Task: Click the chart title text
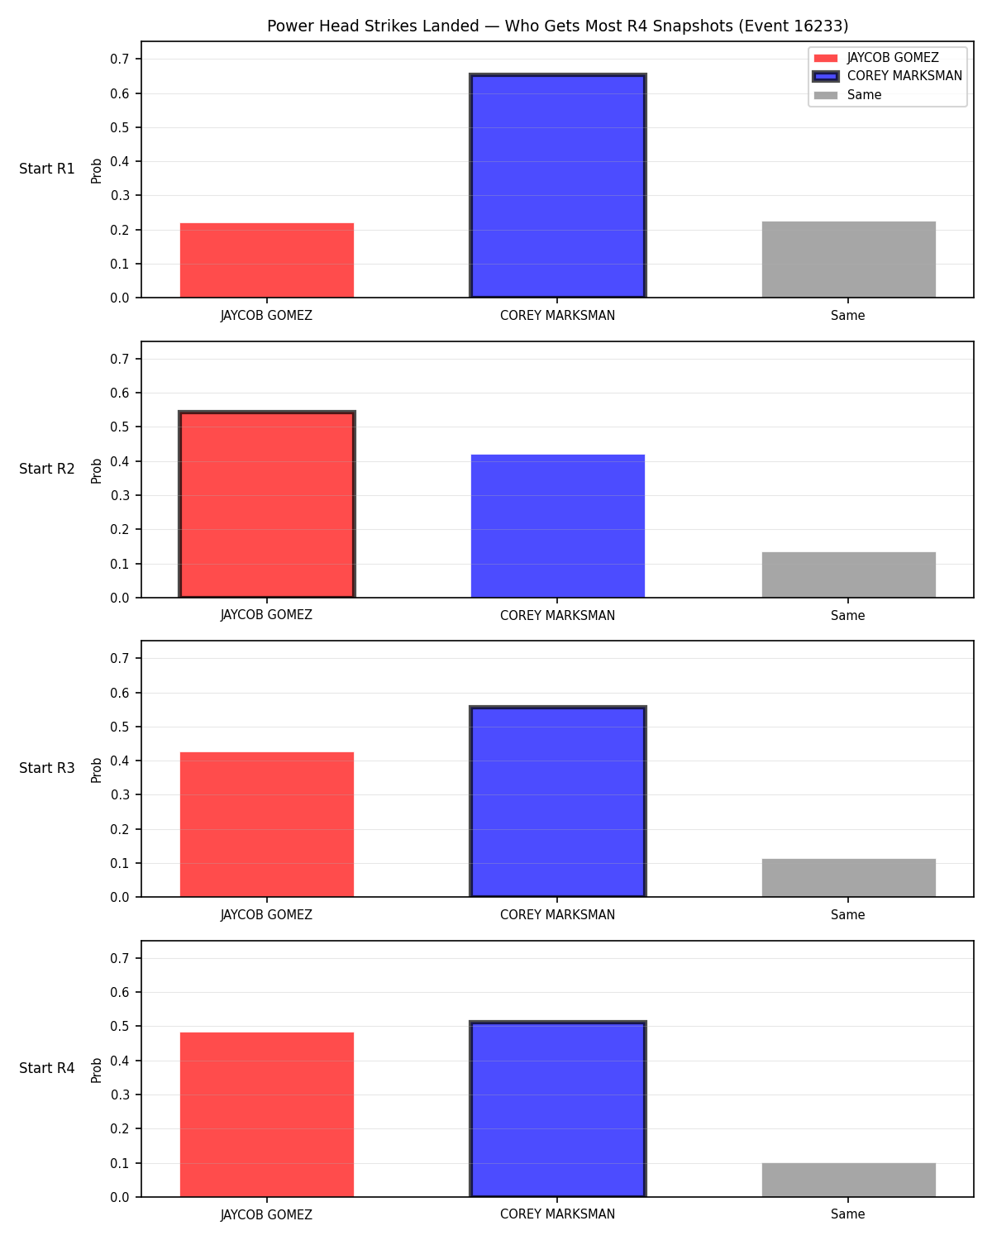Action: [x=557, y=26]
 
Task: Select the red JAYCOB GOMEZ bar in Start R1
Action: [x=267, y=260]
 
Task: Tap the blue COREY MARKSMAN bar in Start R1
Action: [x=557, y=185]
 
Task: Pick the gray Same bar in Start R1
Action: [x=848, y=260]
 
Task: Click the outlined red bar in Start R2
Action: [x=267, y=504]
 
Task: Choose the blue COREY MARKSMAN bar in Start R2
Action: [x=557, y=526]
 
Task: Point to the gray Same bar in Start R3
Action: [x=848, y=878]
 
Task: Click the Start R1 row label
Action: [x=46, y=169]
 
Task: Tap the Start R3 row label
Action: [x=46, y=768]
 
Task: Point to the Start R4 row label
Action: [x=46, y=1068]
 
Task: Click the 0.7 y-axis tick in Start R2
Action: [x=120, y=359]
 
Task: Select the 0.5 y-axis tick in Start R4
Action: [x=120, y=1026]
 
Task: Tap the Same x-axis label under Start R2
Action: [x=848, y=615]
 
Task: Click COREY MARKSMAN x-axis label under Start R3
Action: [x=557, y=914]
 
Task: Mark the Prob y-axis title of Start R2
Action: [x=96, y=470]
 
